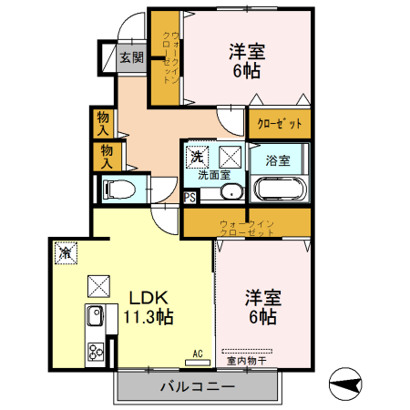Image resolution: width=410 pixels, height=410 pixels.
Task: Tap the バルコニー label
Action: [x=198, y=386]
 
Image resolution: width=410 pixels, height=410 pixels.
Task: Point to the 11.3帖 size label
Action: [x=149, y=318]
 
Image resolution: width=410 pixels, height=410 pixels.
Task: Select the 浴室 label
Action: [x=278, y=161]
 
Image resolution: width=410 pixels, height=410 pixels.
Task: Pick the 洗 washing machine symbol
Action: [x=197, y=157]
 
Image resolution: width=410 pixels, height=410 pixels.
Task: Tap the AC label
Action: [x=197, y=353]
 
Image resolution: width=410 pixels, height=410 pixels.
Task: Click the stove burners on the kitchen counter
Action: [x=94, y=350]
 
